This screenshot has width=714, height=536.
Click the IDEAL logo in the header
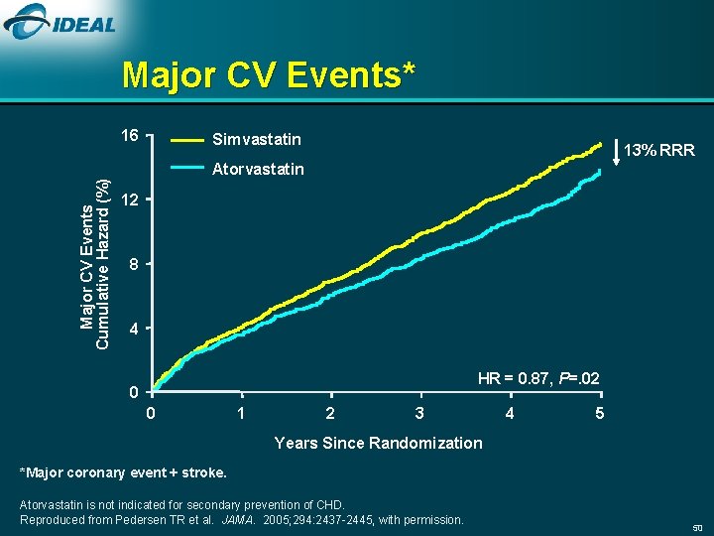(60, 24)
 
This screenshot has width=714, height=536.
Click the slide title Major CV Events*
(268, 74)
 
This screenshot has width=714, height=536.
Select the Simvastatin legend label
(256, 138)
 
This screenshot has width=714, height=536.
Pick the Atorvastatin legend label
(258, 169)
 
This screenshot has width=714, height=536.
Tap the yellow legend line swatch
(189, 139)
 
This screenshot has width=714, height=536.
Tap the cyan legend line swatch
(189, 169)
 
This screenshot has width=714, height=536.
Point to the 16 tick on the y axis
(129, 135)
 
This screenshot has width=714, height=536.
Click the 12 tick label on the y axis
(129, 201)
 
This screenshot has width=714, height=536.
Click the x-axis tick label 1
(240, 413)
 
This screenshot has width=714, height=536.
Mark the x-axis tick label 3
(419, 413)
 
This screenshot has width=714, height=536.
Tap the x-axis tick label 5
(599, 413)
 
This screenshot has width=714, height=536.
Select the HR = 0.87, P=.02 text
(537, 378)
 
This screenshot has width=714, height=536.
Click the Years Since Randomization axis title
(378, 443)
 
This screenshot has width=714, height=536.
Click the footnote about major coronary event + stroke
(124, 471)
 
